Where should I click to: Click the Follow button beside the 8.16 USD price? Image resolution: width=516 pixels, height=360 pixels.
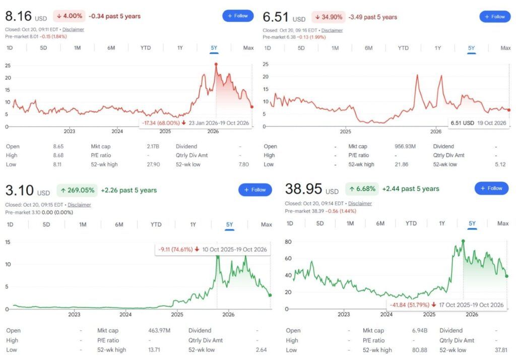(238, 16)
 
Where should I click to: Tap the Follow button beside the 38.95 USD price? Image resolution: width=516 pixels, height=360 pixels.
(491, 189)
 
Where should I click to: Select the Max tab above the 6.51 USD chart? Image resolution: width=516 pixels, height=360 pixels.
(505, 48)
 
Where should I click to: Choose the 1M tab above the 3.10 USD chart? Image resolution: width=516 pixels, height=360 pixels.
(83, 225)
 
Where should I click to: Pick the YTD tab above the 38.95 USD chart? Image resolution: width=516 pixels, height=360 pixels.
(411, 223)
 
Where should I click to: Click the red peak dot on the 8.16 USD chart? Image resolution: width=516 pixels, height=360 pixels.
(216, 64)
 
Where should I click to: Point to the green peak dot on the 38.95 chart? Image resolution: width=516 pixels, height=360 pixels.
(464, 241)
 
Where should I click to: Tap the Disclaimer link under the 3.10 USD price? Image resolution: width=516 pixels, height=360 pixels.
(79, 205)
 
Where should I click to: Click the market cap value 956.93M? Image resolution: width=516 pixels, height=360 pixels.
(405, 146)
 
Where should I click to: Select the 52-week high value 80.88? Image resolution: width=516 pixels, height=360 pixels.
(420, 350)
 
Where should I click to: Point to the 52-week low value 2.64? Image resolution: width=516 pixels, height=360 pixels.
(262, 350)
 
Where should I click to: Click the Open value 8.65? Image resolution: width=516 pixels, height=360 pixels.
(58, 146)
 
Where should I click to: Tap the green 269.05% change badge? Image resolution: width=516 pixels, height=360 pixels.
(77, 190)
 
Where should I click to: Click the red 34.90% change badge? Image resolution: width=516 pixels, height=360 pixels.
(329, 17)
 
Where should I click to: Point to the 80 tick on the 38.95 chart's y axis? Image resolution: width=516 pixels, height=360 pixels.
(288, 242)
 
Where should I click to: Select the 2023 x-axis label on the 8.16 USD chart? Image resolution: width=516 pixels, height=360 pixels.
(70, 131)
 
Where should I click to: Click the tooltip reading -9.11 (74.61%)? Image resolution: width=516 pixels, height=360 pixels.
(213, 250)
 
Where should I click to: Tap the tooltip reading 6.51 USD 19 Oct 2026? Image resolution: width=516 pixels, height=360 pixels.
(479, 123)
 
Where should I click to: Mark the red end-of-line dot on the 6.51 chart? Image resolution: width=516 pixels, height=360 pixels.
(509, 110)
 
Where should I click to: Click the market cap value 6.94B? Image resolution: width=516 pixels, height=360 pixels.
(420, 330)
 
